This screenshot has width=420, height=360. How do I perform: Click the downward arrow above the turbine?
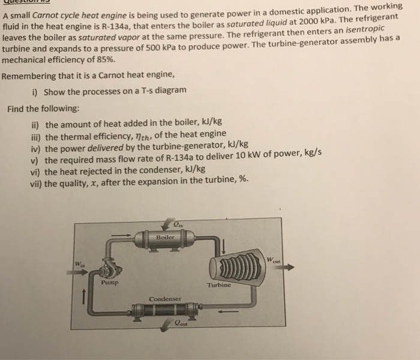[223, 246]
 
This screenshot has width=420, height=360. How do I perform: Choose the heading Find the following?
[43, 109]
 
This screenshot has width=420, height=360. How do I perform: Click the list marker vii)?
[36, 179]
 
